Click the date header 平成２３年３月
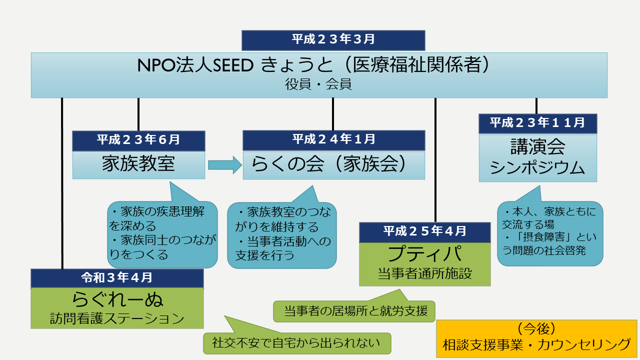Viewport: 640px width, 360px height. coord(333,40)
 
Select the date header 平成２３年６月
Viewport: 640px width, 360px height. coord(138,141)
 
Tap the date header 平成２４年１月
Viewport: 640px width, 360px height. coord(333,140)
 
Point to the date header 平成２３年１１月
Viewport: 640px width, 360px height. coord(537,123)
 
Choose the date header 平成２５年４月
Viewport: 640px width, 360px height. coord(425,232)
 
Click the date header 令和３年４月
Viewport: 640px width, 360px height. coord(117,278)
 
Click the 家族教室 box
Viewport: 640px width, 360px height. coord(138,165)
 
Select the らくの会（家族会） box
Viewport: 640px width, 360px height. coord(333,165)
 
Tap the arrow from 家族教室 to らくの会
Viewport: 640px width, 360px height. coord(225,165)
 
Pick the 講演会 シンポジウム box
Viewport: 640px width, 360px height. coord(537,157)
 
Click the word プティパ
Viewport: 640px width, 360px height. coord(425,253)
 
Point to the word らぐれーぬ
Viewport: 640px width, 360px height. coord(117,299)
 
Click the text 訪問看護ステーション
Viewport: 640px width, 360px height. coord(117,318)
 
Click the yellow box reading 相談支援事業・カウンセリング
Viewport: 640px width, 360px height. coord(536,339)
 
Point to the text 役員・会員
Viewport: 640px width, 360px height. coord(318,84)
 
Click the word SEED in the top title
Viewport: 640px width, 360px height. coord(233,65)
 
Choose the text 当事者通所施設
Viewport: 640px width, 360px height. coord(425,273)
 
